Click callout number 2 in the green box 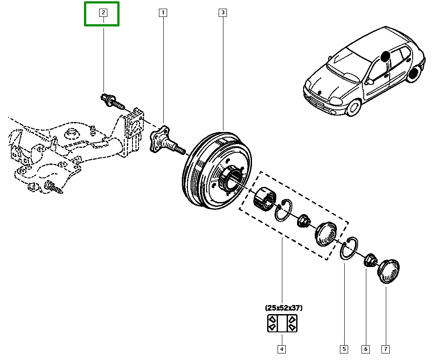(103, 13)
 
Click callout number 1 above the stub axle (163, 13)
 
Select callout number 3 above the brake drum (223, 13)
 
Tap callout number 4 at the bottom (281, 349)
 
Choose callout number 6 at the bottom (365, 349)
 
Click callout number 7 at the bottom (386, 349)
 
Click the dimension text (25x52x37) (284, 308)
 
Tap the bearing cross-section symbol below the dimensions (282, 324)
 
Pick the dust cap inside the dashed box (326, 234)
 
